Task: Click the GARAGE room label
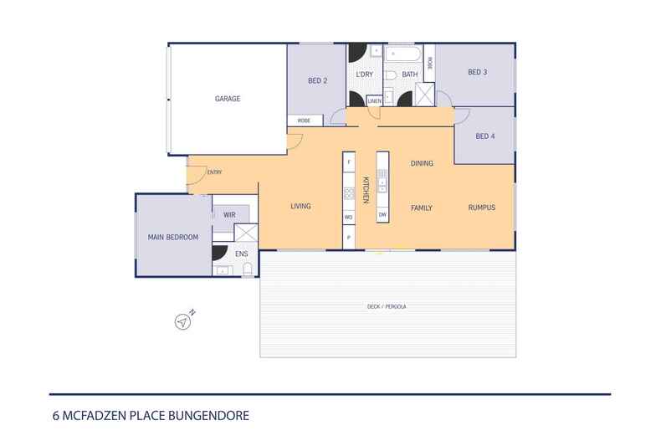tap(228, 99)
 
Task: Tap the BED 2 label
tap(317, 81)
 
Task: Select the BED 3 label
tap(477, 73)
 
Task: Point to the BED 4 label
tap(485, 136)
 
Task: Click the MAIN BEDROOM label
tap(173, 238)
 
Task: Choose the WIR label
tap(230, 215)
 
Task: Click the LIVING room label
tap(301, 207)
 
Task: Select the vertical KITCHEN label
tap(365, 190)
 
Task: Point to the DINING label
tap(422, 163)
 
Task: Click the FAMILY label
tap(422, 208)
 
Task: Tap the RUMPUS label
tap(482, 208)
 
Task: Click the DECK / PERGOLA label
tap(387, 307)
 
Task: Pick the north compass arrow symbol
tap(182, 320)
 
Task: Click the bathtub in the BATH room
tap(404, 56)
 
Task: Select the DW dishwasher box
tap(382, 215)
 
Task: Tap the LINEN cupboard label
tap(374, 101)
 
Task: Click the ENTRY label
tap(214, 172)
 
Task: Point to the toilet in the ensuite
tap(248, 269)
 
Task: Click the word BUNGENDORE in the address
tap(209, 415)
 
